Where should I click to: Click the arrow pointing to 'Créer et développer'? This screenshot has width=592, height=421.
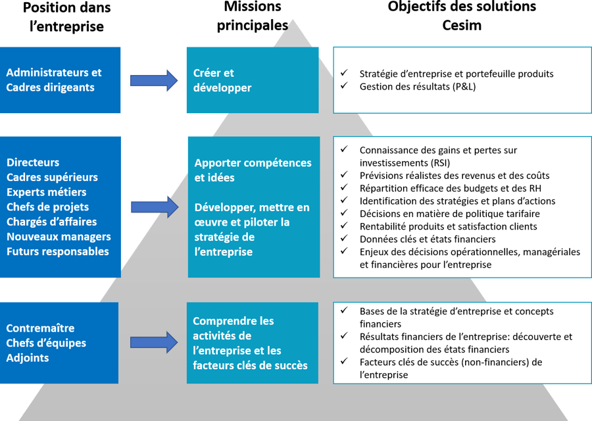click(154, 80)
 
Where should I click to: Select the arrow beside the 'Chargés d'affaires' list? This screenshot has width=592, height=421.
click(154, 207)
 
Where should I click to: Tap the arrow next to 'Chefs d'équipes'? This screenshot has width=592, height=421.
click(154, 342)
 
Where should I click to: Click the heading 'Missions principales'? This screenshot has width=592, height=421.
click(253, 16)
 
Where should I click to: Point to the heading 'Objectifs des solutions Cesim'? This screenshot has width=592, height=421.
click(462, 16)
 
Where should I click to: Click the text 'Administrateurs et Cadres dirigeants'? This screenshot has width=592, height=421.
click(54, 80)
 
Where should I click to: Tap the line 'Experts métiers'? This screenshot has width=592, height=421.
click(46, 192)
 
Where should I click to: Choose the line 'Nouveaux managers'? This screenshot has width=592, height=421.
click(59, 236)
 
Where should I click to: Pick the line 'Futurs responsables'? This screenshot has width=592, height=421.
click(58, 251)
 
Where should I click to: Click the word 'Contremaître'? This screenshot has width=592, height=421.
click(40, 328)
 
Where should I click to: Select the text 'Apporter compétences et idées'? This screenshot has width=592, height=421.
click(253, 170)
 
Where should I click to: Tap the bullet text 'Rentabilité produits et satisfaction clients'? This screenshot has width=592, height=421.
click(448, 226)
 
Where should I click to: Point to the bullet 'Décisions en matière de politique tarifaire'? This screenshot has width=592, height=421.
click(449, 214)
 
